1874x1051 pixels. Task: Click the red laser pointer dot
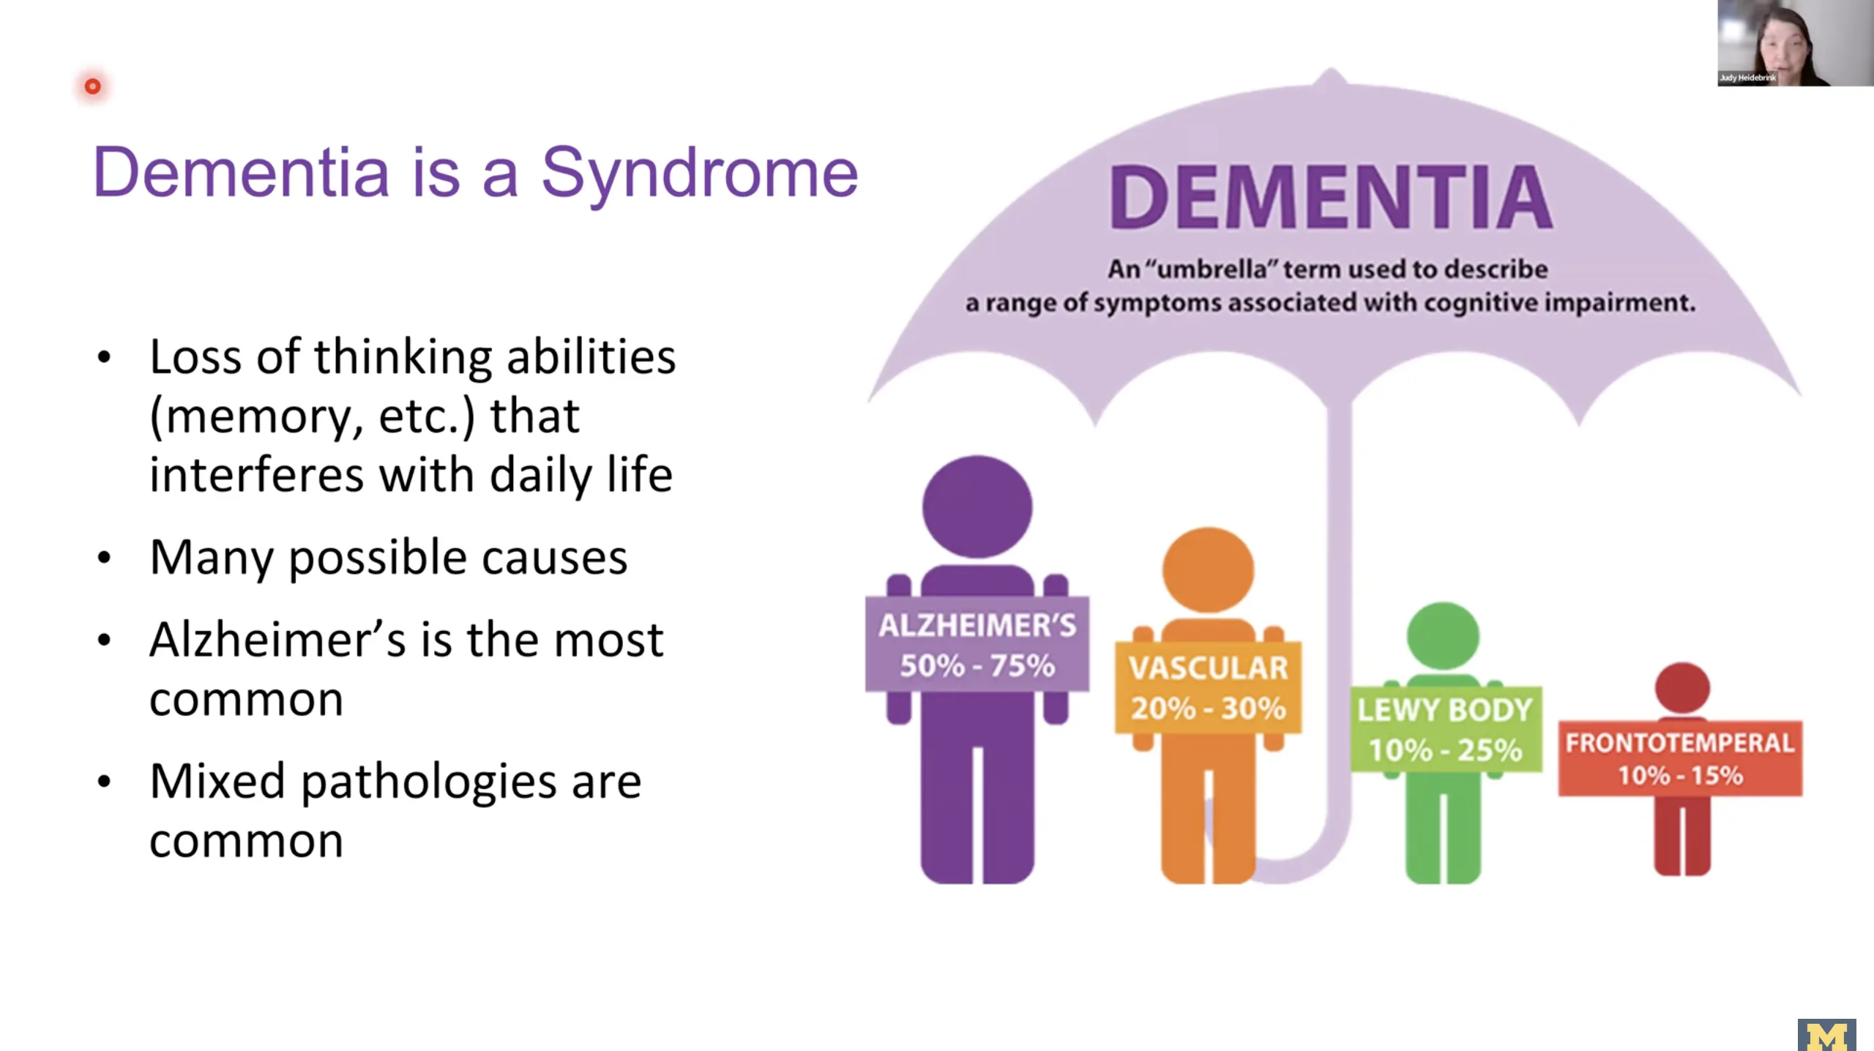click(x=92, y=86)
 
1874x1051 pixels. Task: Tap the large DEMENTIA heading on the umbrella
click(x=1330, y=196)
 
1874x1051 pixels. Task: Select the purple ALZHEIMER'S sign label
click(x=977, y=626)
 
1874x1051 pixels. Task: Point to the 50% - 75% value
click(x=977, y=666)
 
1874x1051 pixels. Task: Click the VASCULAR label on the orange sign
click(x=1208, y=667)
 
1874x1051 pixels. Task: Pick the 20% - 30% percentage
click(x=1208, y=708)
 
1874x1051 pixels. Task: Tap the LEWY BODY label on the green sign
click(x=1445, y=709)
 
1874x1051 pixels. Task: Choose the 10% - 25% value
click(x=1445, y=749)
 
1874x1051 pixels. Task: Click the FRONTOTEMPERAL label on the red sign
click(x=1680, y=743)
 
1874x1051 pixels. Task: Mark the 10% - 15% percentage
click(x=1680, y=775)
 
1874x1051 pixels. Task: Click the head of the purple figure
click(x=977, y=506)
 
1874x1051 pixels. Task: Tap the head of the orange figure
click(x=1208, y=569)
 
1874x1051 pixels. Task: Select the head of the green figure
click(x=1443, y=636)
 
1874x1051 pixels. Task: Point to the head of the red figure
click(x=1682, y=688)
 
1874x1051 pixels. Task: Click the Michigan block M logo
click(x=1826, y=1035)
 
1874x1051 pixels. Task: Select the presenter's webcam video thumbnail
click(x=1795, y=43)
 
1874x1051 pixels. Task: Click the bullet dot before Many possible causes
click(x=104, y=558)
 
